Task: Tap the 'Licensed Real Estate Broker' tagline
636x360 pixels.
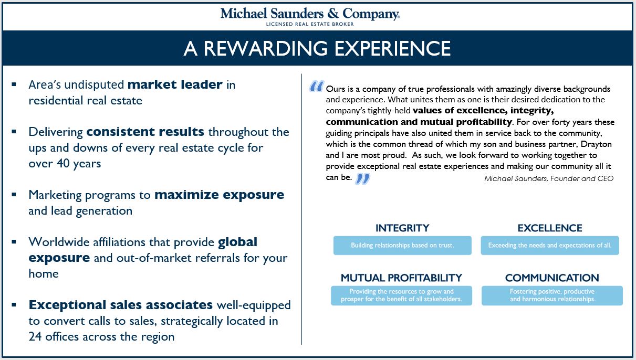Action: (310, 24)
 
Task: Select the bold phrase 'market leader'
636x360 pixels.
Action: (175, 84)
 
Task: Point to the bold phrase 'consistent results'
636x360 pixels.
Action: (145, 132)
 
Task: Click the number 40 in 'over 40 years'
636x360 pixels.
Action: (62, 163)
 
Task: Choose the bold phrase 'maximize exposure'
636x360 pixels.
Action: (219, 195)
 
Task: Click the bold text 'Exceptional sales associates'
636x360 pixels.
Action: (121, 305)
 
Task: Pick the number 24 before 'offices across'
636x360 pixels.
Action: (35, 337)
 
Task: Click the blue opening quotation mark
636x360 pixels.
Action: (317, 86)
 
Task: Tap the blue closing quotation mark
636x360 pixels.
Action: (362, 179)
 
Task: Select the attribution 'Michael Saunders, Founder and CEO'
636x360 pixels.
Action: (548, 178)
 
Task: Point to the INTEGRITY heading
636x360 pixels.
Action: (402, 228)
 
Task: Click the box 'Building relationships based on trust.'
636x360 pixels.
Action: (402, 246)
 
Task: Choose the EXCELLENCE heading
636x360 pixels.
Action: (550, 228)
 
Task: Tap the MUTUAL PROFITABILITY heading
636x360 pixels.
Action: (401, 278)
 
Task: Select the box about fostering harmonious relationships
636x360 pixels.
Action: (552, 295)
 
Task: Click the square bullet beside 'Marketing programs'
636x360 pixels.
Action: (14, 195)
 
